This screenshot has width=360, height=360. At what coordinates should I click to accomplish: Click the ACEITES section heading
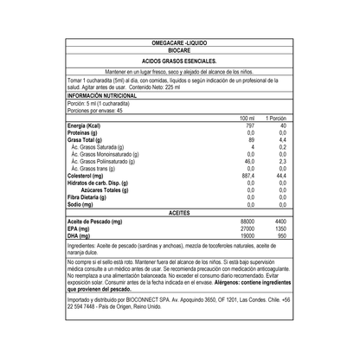tap(180, 212)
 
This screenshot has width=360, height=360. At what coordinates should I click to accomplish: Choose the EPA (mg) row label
tap(82, 229)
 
